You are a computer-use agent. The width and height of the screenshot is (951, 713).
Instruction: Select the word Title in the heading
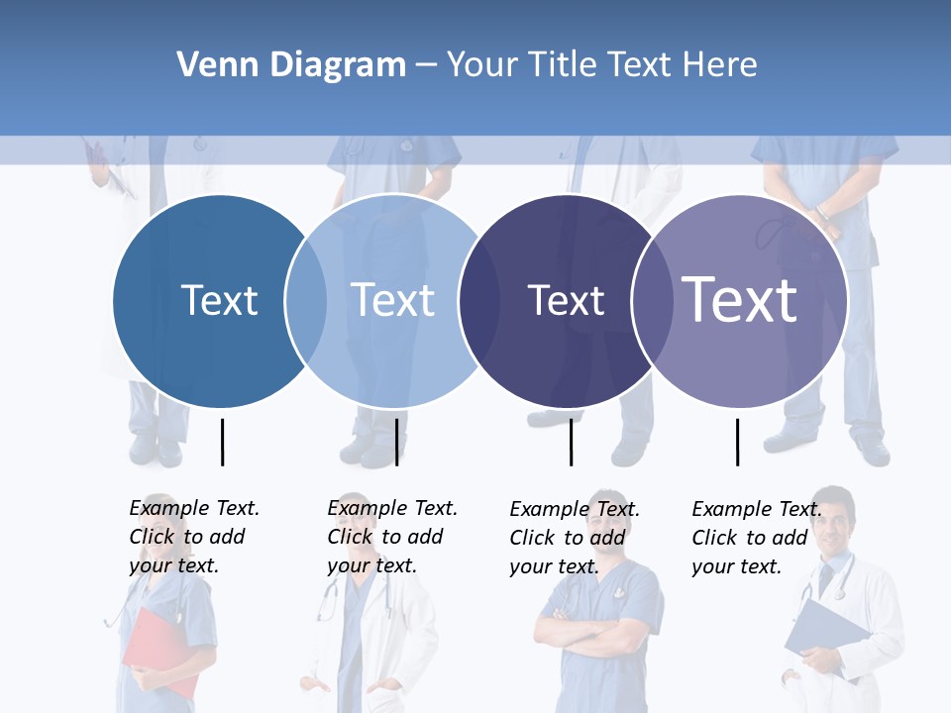pos(564,65)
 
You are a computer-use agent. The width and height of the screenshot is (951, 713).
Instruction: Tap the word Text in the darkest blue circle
pos(219,300)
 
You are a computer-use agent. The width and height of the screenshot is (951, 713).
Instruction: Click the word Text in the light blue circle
pos(392,300)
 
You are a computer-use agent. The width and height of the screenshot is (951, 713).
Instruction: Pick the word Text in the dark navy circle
pos(566,300)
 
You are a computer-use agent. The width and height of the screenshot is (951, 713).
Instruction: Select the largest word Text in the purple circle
pos(739,300)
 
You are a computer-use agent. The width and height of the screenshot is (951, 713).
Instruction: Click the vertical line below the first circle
pos(222,442)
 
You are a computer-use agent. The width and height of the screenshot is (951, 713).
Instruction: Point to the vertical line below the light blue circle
pos(396,442)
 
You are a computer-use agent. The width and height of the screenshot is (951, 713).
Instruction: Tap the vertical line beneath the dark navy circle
pos(571,442)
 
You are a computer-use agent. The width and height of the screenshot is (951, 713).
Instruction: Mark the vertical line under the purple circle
pos(737,442)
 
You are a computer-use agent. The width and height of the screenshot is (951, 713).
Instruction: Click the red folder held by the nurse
pos(158,649)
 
